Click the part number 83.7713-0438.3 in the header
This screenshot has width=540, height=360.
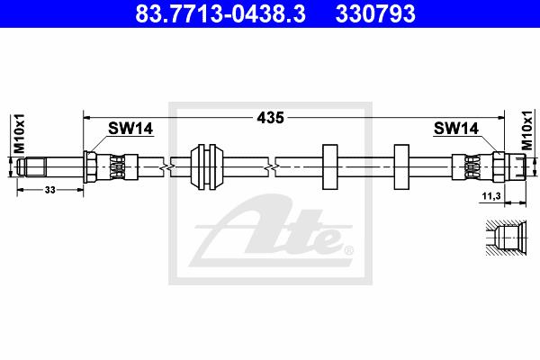220,13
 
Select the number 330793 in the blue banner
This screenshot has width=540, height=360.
375,13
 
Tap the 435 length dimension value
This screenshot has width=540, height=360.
270,118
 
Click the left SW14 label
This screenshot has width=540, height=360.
130,129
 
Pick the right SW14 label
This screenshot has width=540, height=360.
456,128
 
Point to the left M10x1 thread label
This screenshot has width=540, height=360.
19,133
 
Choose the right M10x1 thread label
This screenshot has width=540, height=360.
526,130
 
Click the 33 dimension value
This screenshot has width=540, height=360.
49,190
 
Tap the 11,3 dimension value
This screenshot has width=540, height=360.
491,196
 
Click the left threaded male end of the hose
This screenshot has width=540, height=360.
32,166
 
